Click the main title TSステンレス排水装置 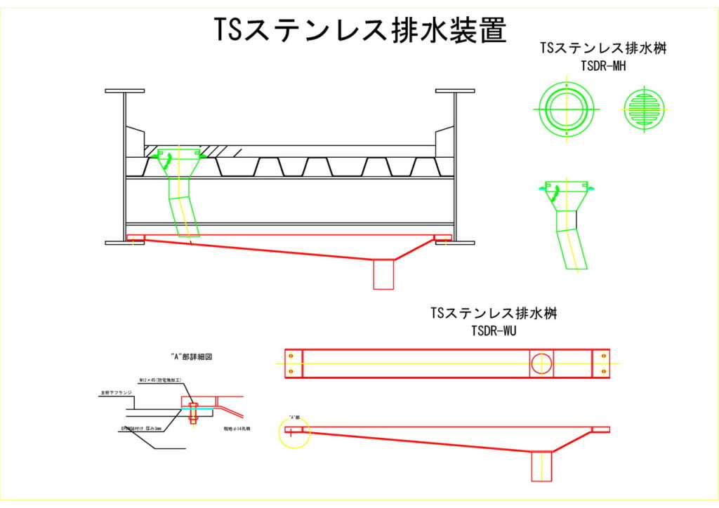[359, 29]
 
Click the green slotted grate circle [642, 110]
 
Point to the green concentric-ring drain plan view [567, 110]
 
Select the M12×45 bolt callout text [161, 380]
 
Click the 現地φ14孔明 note [237, 426]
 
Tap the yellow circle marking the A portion [293, 432]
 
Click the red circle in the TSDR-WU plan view [541, 363]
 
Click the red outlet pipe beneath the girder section [383, 274]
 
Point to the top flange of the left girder [125, 91]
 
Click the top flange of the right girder [455, 91]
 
